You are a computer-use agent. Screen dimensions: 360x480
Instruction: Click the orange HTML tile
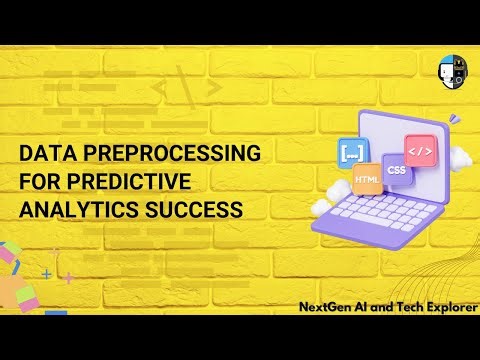pos(367,178)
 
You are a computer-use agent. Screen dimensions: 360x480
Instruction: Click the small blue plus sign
pos(46,272)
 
